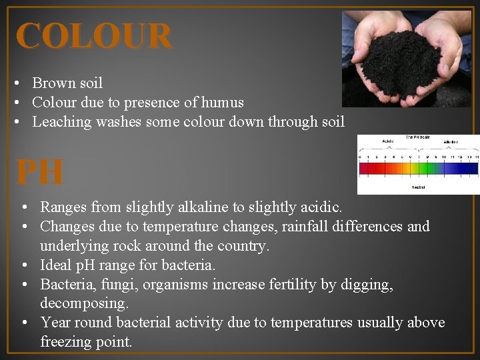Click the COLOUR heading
tap(94, 36)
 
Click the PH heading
tap(40, 172)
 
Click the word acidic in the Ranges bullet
tap(319, 207)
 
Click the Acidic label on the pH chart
tap(387, 141)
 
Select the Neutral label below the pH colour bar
tap(419, 187)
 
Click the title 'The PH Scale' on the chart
tap(418, 137)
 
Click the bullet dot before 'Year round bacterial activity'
tap(23, 323)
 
